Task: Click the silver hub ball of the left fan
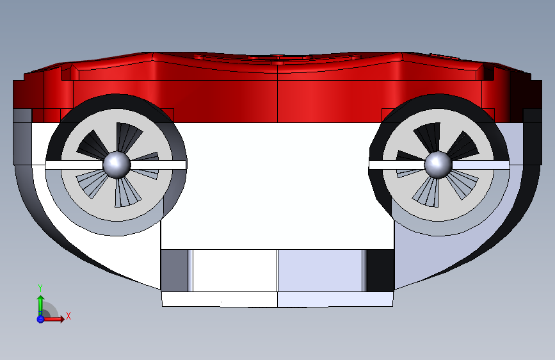[117, 165]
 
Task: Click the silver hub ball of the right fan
[438, 165]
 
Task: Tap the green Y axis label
[40, 288]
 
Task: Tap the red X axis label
[68, 316]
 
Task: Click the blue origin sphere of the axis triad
[40, 319]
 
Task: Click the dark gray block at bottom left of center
[174, 270]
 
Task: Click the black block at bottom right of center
[380, 270]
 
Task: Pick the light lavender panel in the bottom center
[320, 270]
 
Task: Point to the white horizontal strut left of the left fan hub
[74, 165]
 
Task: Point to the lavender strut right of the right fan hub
[481, 165]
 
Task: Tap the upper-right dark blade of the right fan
[462, 145]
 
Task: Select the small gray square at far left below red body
[22, 115]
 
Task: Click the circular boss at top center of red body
[278, 57]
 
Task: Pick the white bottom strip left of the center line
[220, 299]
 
